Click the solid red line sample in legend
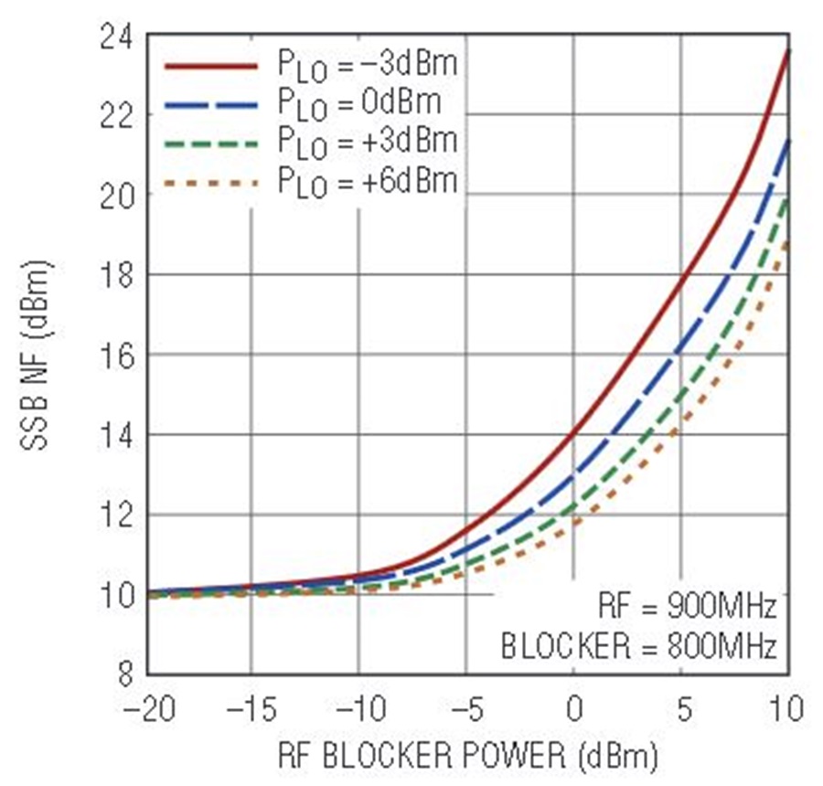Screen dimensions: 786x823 pyautogui.click(x=211, y=65)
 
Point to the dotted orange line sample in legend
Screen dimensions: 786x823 pyautogui.click(x=211, y=183)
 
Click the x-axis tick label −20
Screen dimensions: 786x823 pyautogui.click(x=147, y=708)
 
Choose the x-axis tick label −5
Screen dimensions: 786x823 pyautogui.click(x=465, y=708)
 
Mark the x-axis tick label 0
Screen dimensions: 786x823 pyautogui.click(x=573, y=708)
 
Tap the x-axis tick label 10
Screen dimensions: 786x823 pyautogui.click(x=787, y=708)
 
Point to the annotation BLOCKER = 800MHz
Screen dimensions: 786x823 pyautogui.click(x=639, y=646)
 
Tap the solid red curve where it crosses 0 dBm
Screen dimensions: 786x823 pyautogui.click(x=573, y=434)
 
